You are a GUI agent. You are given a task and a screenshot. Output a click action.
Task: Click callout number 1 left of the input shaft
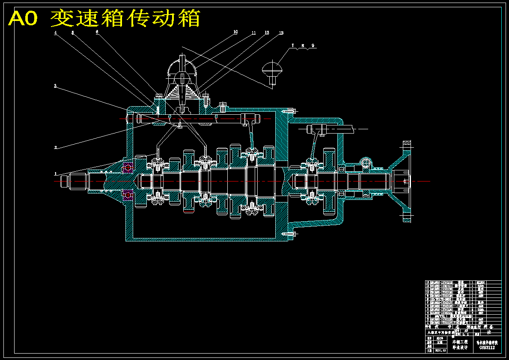(x=55, y=174)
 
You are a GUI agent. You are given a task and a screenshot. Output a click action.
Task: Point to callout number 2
(x=56, y=147)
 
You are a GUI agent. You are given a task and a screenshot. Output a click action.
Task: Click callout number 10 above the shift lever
(x=235, y=32)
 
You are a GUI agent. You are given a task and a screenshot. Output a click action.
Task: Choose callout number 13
(x=281, y=33)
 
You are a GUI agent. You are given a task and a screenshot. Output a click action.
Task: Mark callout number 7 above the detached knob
(x=293, y=45)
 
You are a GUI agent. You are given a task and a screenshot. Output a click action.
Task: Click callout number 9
(x=313, y=45)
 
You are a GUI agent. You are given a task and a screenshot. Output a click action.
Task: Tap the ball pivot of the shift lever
(x=183, y=79)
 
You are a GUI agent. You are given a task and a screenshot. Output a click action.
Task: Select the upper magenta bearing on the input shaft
(x=127, y=165)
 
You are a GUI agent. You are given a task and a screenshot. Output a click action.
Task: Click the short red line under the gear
(x=188, y=211)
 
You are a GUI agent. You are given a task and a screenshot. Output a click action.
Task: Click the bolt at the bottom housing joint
(x=289, y=234)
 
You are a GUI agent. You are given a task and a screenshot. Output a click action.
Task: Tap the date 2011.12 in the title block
(x=441, y=350)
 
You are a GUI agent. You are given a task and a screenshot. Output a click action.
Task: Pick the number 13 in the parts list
(x=427, y=283)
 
